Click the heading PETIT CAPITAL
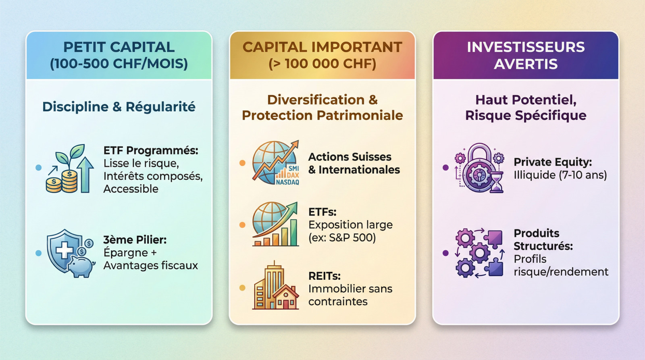pos(119,47)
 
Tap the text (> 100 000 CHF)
pos(322,64)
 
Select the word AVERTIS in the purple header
pos(526,64)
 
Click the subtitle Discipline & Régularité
pos(119,107)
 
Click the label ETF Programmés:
pos(151,151)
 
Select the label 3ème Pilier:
pos(135,240)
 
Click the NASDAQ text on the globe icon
pos(287,182)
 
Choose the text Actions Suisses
pos(350,157)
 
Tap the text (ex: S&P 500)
pos(342,237)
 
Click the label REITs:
pos(324,276)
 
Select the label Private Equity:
pos(552,162)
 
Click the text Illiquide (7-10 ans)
pos(560,175)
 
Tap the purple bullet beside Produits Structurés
pos(445,253)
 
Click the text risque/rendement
pos(561,272)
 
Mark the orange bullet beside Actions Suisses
pos(242,163)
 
